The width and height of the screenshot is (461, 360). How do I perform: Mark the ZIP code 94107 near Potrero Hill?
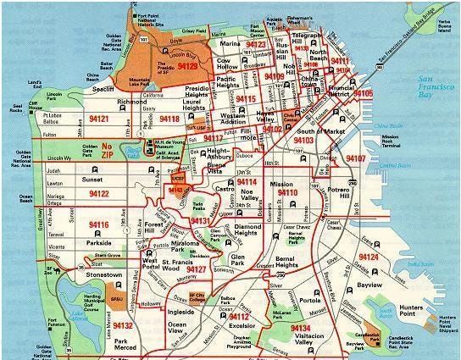click(355, 158)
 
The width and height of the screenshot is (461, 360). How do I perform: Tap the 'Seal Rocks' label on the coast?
click(14, 110)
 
